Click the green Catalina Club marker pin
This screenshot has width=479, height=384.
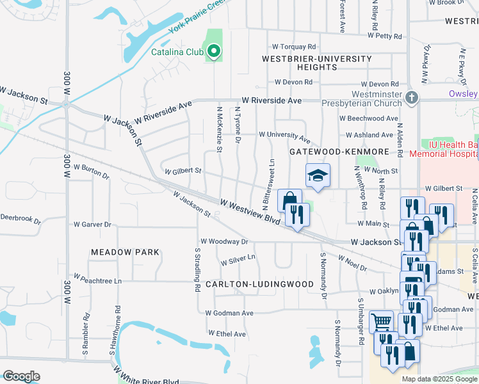point(215,51)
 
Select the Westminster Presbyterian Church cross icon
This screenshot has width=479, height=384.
point(412,98)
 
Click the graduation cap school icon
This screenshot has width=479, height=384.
point(317,175)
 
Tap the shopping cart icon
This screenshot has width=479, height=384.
point(382,322)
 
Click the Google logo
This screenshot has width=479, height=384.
point(21,376)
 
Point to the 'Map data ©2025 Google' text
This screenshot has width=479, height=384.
point(439,379)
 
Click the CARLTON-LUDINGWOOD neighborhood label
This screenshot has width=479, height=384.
point(259,284)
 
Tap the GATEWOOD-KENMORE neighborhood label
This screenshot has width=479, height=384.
point(339,152)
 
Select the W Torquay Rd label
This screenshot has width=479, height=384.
point(294,47)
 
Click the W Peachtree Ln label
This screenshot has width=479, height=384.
point(97,280)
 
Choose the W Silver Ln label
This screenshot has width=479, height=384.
point(238,260)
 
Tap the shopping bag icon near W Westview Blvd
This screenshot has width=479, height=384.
point(289,200)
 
